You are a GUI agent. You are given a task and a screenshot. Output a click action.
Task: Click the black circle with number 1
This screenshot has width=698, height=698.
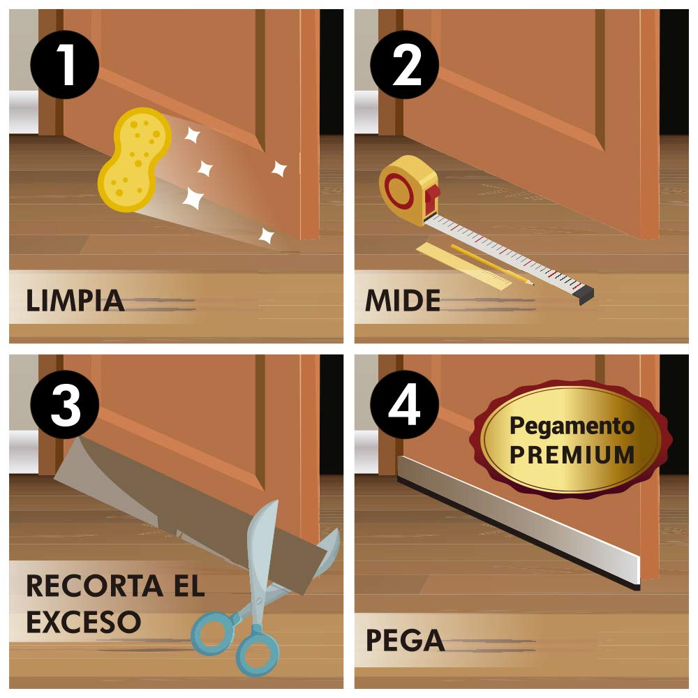coord(64,65)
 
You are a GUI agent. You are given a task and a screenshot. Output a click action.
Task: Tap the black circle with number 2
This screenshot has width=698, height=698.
coord(405,65)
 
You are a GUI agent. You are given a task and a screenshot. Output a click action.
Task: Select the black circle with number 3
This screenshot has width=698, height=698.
coord(64,405)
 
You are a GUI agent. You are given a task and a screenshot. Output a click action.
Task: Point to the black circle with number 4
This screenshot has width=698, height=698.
coord(405,405)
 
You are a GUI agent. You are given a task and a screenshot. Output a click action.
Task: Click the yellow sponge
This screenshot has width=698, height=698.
coord(135,159)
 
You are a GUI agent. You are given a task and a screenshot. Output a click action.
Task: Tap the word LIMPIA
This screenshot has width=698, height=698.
coord(75,300)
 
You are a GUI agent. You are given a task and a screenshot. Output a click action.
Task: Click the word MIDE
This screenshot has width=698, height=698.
coord(403,300)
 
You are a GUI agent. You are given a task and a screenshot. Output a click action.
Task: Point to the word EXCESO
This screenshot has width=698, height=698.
coord(84,621)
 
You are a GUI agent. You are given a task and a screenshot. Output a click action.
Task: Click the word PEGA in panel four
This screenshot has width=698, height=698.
coord(405,640)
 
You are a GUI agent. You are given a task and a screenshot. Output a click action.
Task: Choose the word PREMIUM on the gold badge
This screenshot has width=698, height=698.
coord(572,454)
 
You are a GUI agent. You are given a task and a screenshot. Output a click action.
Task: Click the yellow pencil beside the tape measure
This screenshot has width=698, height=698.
coord(492,265)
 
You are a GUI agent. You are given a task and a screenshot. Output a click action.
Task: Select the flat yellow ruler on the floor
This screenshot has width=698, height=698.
coord(464,266)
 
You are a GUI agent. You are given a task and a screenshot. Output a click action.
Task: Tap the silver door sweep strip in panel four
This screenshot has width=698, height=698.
coord(519,522)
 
